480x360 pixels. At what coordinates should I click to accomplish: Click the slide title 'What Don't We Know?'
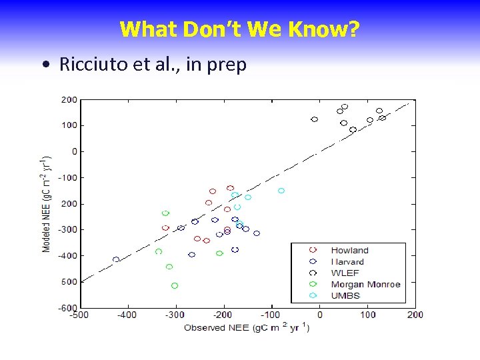coord(240,29)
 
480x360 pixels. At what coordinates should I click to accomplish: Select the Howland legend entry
coord(349,251)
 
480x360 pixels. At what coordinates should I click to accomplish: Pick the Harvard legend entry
coord(347,262)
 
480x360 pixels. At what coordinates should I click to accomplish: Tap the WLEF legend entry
coord(345,273)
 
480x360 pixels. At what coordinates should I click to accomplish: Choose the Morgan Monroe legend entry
coord(365,284)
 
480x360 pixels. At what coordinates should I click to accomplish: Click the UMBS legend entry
coord(345,295)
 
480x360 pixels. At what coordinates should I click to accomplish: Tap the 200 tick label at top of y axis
coord(69,100)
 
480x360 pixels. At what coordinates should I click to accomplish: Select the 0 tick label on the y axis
coord(74,151)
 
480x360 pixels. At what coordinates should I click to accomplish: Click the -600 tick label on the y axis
coord(67,307)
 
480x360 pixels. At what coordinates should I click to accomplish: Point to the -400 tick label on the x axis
coord(127,315)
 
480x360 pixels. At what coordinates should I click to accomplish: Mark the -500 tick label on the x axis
coord(79,315)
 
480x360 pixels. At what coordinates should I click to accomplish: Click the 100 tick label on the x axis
coord(367,315)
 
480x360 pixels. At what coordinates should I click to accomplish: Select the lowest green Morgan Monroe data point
coord(175,285)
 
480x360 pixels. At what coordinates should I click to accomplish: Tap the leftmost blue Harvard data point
coord(116,259)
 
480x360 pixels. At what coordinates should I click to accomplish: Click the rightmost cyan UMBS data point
coord(281,191)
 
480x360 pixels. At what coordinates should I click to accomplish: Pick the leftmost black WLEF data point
coord(315,119)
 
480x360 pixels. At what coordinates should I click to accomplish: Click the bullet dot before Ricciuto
coord(44,65)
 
